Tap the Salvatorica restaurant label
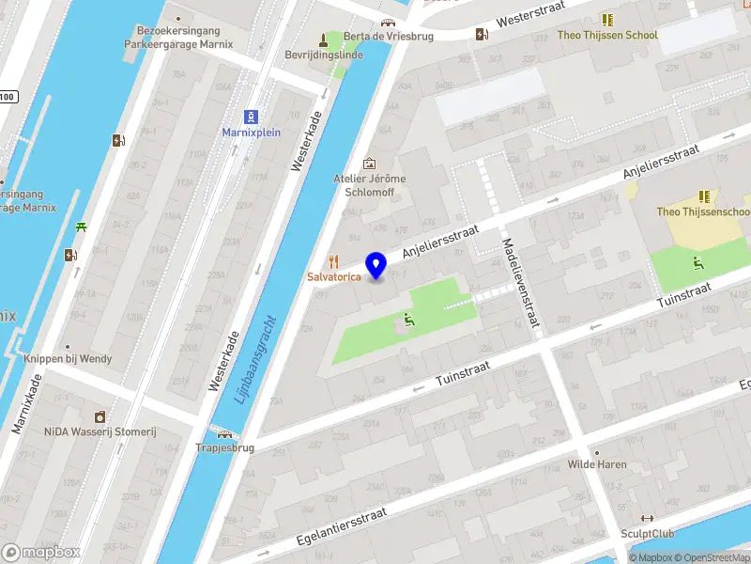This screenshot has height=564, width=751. coord(334,277)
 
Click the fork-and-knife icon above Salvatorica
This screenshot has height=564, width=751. coord(332,261)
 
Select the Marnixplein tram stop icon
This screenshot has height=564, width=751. coord(251,117)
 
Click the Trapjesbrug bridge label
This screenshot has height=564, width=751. coord(225,448)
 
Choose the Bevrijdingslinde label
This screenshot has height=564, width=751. coord(324,55)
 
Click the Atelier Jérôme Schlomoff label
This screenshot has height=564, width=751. coord(368,186)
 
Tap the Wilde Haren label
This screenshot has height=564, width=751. coord(596,464)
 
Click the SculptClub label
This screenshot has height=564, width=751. coord(647,533)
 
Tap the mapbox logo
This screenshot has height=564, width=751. coord(41,553)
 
